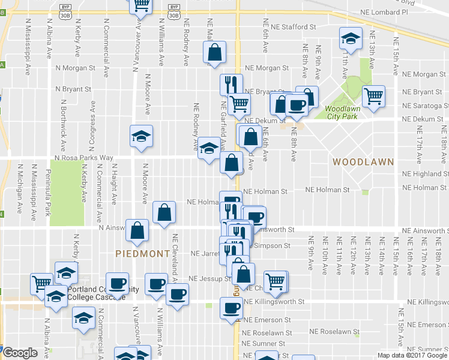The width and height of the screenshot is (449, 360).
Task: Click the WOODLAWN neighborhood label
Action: pos(363,162)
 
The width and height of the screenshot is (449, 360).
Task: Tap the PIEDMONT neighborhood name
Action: pos(143,254)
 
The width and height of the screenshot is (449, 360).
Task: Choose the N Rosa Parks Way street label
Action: pos(83,158)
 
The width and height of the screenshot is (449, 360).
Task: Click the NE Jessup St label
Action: pos(209,279)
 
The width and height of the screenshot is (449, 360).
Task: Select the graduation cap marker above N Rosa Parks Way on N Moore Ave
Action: pos(140,136)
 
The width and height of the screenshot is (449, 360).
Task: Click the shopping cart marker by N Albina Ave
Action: pos(42,283)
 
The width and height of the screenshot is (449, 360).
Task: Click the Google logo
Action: pos(20,353)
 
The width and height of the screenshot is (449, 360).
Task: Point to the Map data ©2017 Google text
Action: pos(412,355)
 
